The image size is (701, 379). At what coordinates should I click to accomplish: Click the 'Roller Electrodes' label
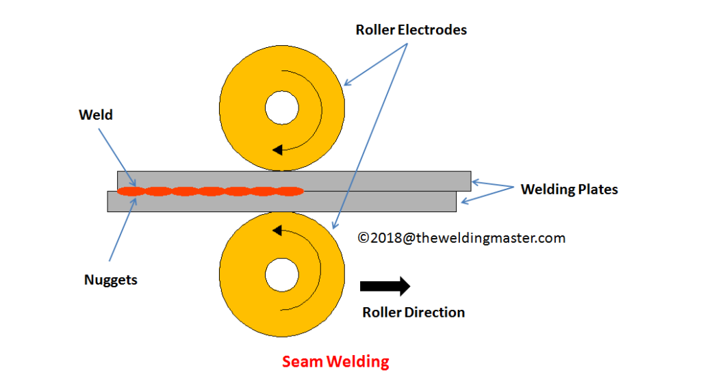coord(411,30)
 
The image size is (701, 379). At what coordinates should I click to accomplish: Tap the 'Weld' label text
coord(95,115)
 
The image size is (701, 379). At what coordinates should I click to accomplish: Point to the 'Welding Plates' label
coord(569,189)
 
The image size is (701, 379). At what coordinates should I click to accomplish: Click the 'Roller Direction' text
coord(413,313)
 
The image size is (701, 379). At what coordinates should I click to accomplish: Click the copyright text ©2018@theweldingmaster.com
coord(462,238)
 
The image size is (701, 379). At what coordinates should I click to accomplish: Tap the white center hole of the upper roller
coord(282,108)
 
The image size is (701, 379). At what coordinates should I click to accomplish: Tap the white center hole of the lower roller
coord(282,276)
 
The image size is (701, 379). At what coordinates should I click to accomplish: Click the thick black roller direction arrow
coord(385,285)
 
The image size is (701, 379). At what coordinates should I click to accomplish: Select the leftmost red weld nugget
coord(130,191)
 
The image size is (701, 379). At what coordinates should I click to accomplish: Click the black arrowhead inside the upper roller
coord(277,148)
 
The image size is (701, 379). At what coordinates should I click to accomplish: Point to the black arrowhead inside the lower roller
coord(277,229)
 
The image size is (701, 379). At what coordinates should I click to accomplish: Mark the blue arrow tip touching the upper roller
coord(344,85)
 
